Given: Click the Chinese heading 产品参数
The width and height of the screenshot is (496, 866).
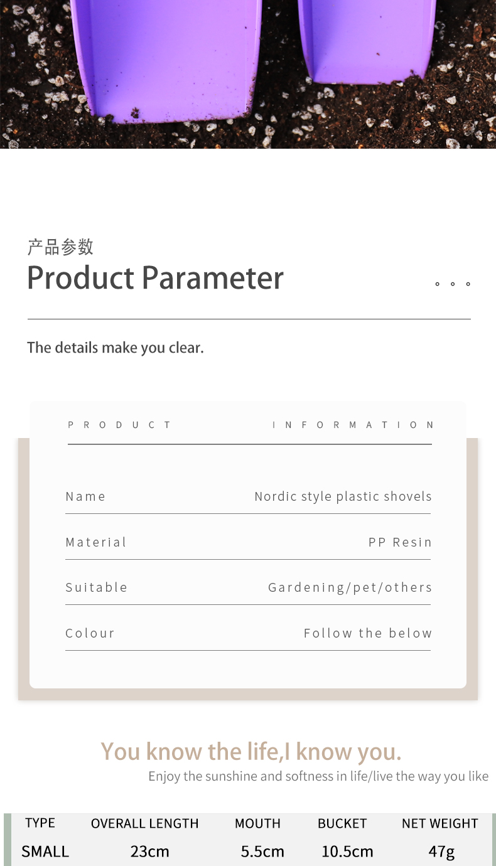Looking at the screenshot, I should pos(60,247).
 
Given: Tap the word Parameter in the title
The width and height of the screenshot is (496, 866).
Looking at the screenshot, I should pos(212,277).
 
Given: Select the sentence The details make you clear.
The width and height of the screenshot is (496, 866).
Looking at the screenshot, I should pos(116,348).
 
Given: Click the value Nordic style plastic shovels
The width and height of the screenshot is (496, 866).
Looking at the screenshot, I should pos(343,496).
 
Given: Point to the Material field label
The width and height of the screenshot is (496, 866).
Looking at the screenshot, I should pos(96,542).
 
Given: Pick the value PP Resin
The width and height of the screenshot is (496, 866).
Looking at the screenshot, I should pos(400,542).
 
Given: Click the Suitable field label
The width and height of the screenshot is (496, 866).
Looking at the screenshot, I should pos(97,587).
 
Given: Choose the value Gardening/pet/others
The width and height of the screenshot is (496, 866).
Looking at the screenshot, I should pos(350,587).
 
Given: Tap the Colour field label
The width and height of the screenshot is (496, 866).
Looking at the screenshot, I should pos(90,633).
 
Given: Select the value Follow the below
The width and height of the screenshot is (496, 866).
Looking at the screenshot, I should pos(368,633).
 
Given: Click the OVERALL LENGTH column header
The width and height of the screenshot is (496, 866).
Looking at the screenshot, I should pos(144,823).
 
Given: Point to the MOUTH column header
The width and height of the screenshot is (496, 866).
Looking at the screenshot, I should pos(257,823).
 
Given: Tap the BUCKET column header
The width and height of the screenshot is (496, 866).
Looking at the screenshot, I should pos(342,823).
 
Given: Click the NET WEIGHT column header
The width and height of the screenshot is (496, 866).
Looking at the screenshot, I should pos(440,823).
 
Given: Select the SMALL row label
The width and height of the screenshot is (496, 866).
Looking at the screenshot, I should pos(45,852).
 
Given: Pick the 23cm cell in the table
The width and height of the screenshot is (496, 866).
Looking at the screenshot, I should pos(150,852).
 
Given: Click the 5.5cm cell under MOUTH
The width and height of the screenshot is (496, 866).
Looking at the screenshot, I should pos(262,852).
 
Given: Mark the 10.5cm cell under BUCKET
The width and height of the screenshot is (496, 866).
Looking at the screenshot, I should pos(347,852).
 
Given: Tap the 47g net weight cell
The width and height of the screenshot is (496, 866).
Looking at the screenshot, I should pos(441,852).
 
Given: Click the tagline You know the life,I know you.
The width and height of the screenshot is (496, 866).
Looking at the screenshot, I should pos(251,751).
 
